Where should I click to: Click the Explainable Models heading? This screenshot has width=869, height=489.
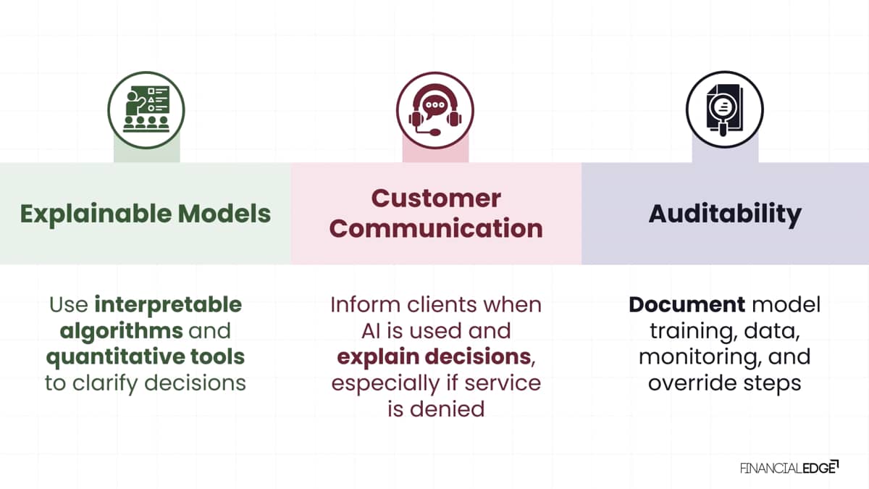pyautogui.click(x=146, y=214)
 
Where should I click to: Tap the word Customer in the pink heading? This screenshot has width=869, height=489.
pyautogui.click(x=436, y=198)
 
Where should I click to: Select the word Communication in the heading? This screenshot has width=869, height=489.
pyautogui.click(x=436, y=228)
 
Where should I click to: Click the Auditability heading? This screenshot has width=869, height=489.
pyautogui.click(x=725, y=214)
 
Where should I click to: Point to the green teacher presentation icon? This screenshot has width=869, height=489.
pyautogui.click(x=146, y=110)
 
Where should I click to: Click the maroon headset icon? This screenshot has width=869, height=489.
pyautogui.click(x=435, y=110)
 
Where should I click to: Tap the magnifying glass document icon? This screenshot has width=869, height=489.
pyautogui.click(x=725, y=110)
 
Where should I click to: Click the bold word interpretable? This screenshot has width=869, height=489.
pyautogui.click(x=168, y=305)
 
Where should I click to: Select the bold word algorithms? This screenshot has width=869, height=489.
pyautogui.click(x=122, y=332)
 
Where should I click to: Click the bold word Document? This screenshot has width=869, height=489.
pyautogui.click(x=687, y=305)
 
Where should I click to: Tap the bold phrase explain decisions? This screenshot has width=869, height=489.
pyautogui.click(x=434, y=357)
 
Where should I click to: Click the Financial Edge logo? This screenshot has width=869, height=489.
pyautogui.click(x=789, y=468)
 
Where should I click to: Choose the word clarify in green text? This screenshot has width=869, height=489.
pyautogui.click(x=105, y=383)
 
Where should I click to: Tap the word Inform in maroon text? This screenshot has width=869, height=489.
pyautogui.click(x=365, y=305)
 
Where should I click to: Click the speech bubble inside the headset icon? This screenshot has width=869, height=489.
pyautogui.click(x=434, y=106)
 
